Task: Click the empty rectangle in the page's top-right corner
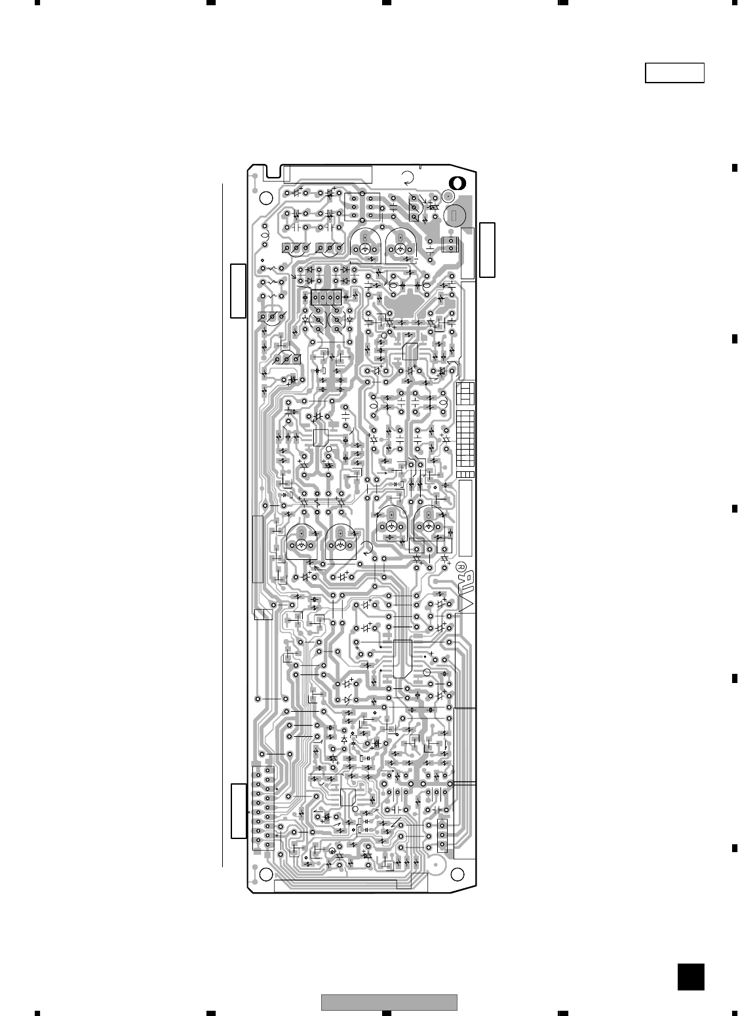[674, 73]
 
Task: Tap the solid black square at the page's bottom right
[691, 977]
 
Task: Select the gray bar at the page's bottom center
[389, 1002]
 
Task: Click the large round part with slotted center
[455, 214]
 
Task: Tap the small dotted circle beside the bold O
[448, 196]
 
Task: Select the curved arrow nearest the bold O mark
[408, 177]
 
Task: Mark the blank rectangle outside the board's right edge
[488, 250]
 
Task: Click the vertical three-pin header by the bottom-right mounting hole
[443, 836]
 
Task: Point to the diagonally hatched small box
[263, 614]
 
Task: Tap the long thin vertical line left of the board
[223, 524]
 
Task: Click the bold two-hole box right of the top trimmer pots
[450, 244]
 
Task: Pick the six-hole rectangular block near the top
[362, 206]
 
